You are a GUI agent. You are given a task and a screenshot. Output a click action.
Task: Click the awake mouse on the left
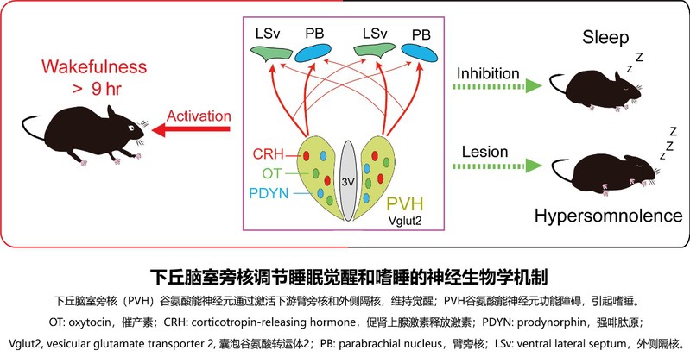coord(87,129)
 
